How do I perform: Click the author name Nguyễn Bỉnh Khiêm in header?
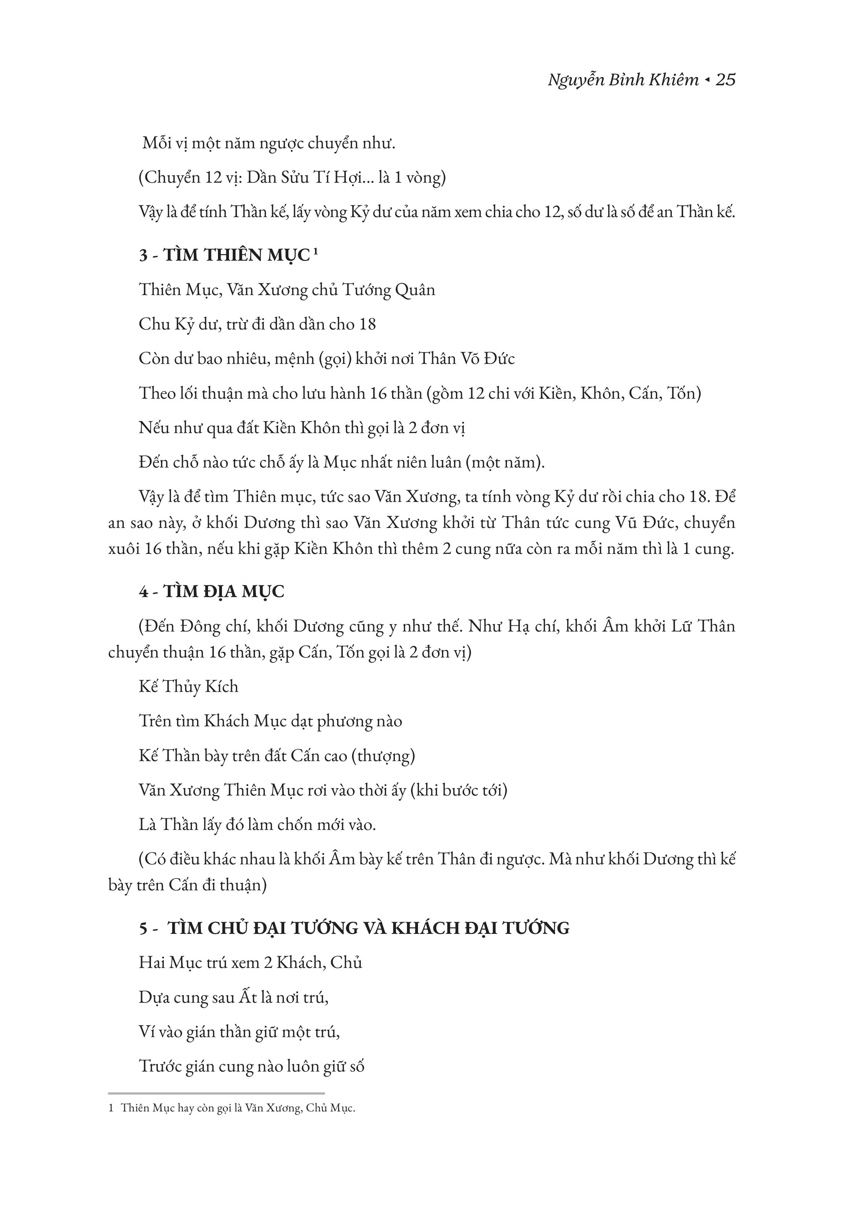click(623, 80)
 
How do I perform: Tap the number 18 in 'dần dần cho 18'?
click(367, 324)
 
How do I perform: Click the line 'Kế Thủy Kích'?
click(188, 686)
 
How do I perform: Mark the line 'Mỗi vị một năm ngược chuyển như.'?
click(269, 144)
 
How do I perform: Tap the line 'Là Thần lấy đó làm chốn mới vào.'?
click(257, 825)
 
